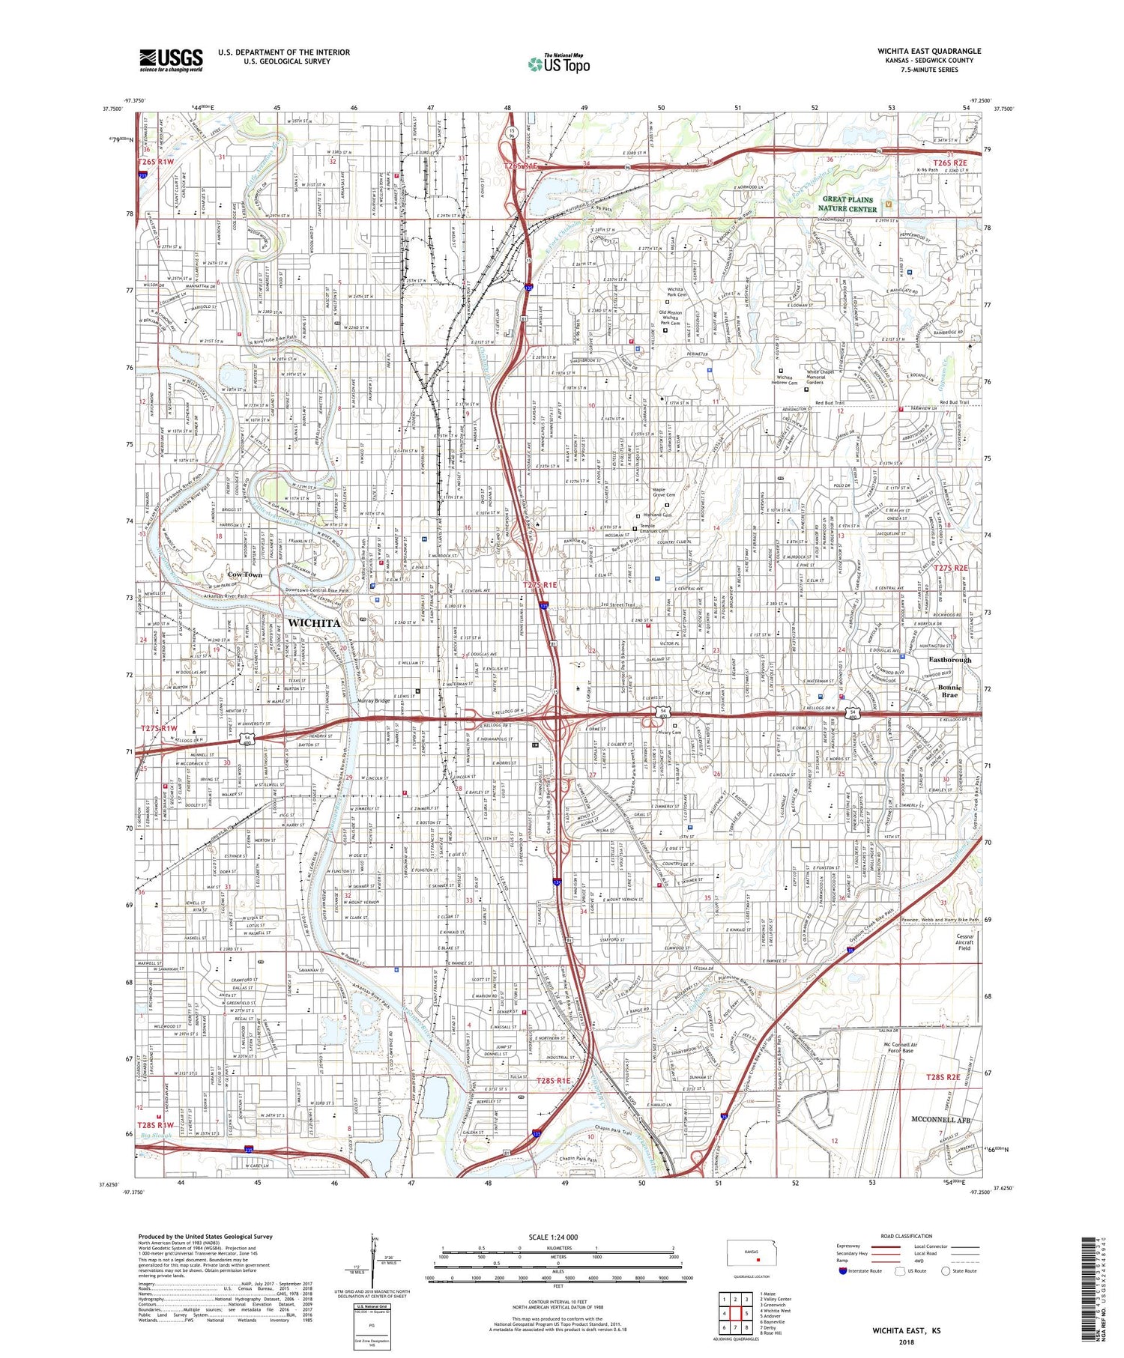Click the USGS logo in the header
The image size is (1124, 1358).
tap(171, 60)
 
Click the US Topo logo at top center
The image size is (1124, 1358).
tap(558, 64)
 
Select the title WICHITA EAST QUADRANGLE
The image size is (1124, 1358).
tap(928, 51)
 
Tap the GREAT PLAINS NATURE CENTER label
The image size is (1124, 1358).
tap(847, 204)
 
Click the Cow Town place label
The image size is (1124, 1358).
tap(245, 575)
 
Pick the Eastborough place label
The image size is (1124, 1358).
tap(949, 660)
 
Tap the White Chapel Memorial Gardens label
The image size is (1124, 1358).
tap(825, 378)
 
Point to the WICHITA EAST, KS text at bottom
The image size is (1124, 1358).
tap(905, 1330)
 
